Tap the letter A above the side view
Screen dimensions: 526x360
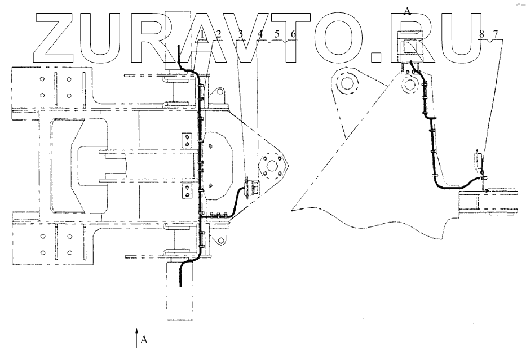click(x=407, y=10)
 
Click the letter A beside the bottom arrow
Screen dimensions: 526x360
click(x=144, y=340)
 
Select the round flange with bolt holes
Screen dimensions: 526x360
click(x=270, y=167)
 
